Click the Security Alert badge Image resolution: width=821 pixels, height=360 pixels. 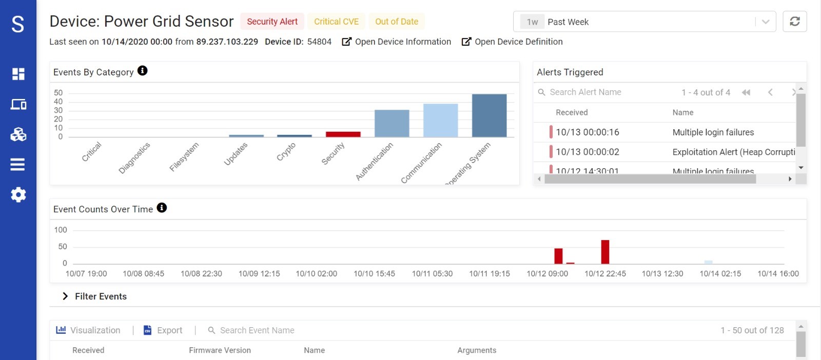pyautogui.click(x=272, y=22)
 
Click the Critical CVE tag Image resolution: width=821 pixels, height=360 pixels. pyautogui.click(x=336, y=22)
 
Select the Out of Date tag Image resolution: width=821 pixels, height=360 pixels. pyautogui.click(x=397, y=22)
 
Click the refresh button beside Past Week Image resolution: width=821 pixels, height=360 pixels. pyautogui.click(x=794, y=22)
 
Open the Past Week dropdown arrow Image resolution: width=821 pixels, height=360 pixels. pyautogui.click(x=765, y=22)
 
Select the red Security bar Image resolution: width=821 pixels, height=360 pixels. pyautogui.click(x=343, y=134)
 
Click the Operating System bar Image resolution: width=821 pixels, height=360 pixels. pyautogui.click(x=489, y=115)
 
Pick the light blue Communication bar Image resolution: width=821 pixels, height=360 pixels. pyautogui.click(x=440, y=121)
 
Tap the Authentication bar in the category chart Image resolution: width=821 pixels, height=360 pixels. pyautogui.click(x=392, y=124)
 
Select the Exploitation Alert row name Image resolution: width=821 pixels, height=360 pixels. pyautogui.click(x=733, y=152)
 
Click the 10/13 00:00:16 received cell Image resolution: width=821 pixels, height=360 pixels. pyautogui.click(x=587, y=132)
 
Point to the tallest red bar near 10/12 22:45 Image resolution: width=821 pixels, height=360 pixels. pyautogui.click(x=605, y=252)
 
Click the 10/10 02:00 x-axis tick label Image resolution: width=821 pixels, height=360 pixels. pyautogui.click(x=316, y=273)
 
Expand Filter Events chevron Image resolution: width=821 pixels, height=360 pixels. pyautogui.click(x=65, y=296)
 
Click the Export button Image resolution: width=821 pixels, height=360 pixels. pyautogui.click(x=163, y=330)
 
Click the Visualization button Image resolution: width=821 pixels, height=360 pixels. pyautogui.click(x=88, y=330)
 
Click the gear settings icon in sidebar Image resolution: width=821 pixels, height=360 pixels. pyautogui.click(x=18, y=195)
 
